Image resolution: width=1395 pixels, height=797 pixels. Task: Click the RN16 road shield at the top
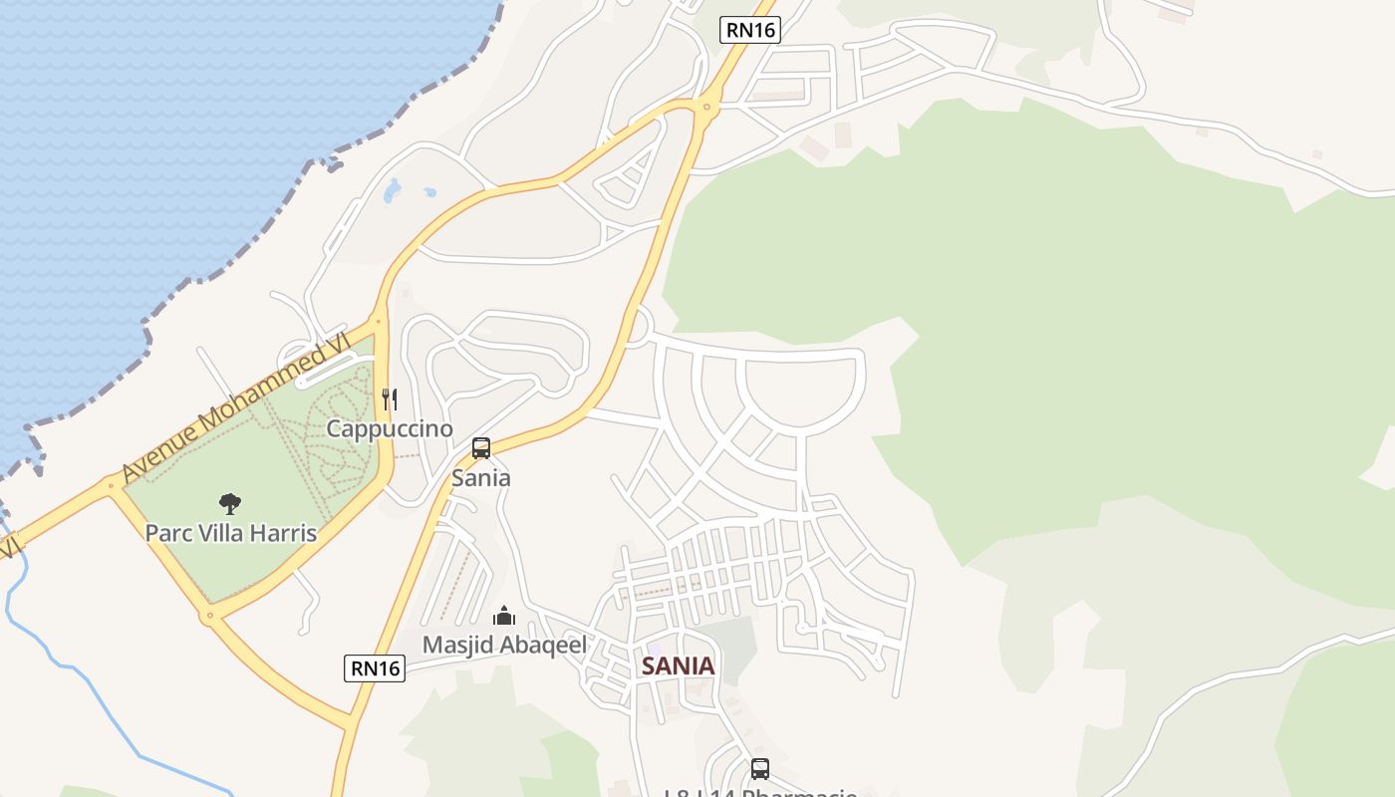749,30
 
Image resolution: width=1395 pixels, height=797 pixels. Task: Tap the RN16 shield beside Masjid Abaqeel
375,668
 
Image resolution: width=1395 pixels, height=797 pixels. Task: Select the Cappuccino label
391,429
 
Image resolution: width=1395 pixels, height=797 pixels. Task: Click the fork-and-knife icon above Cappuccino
390,399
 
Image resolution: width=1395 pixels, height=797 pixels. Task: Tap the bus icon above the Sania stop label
481,448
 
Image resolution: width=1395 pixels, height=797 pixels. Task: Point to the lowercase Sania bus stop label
481,478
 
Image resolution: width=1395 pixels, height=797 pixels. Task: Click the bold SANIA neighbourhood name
679,666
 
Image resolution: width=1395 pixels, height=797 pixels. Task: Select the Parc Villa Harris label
231,533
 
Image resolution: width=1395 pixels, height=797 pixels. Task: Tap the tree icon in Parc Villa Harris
230,503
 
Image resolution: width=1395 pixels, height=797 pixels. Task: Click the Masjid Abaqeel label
504,645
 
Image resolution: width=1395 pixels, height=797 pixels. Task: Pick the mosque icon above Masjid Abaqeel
504,616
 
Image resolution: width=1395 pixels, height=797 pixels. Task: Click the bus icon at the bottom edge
760,769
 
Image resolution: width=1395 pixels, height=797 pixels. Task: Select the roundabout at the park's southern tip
208,617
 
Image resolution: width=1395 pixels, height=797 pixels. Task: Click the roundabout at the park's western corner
112,487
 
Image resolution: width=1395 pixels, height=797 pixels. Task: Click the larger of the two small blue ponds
393,189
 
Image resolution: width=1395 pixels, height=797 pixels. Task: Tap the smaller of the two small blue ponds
429,191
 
